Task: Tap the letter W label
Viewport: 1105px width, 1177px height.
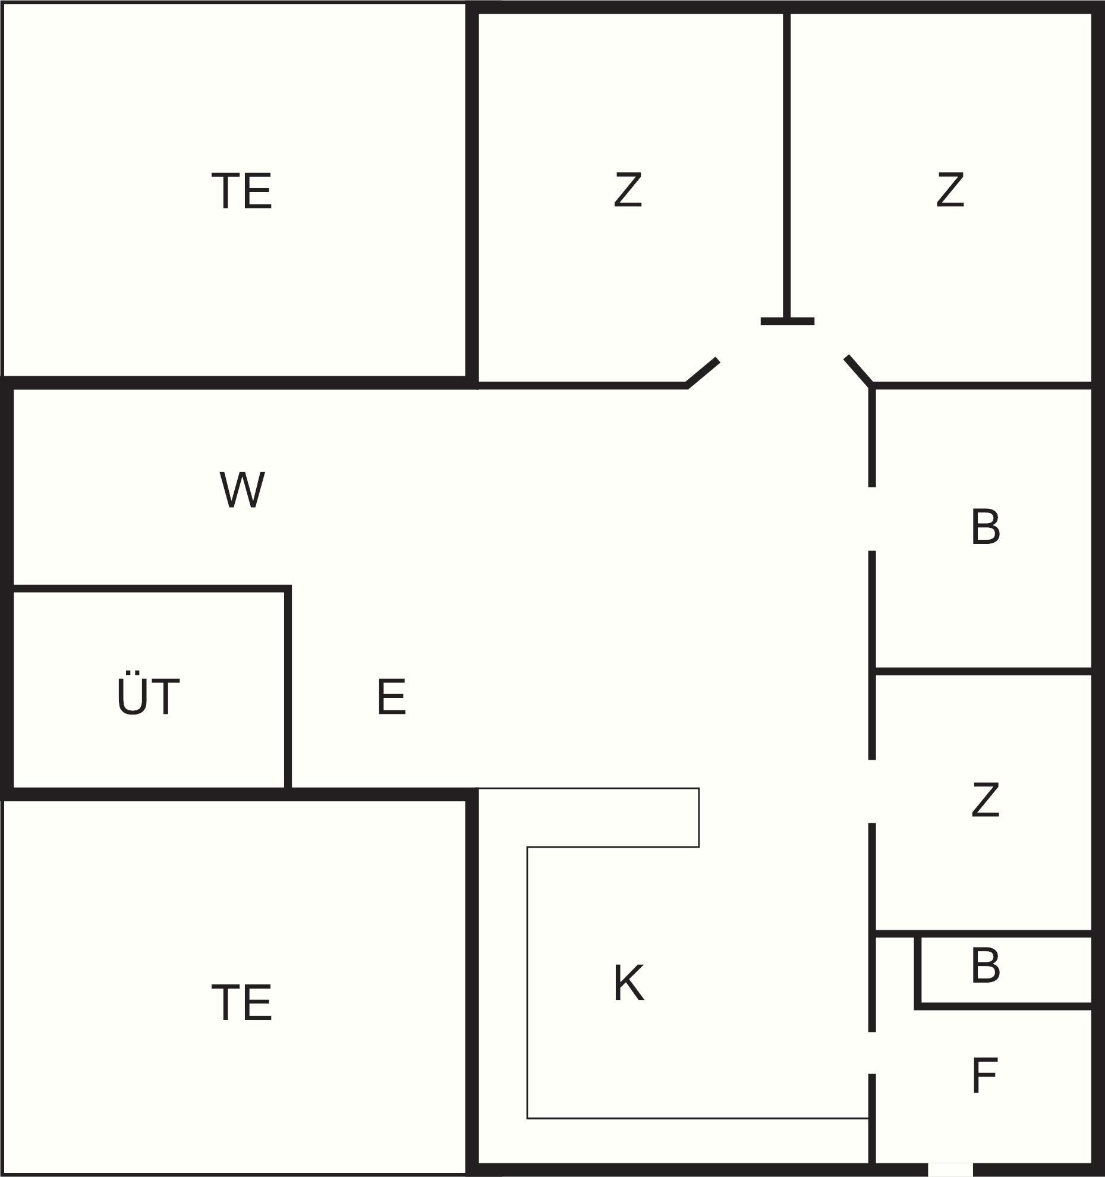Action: [x=242, y=490]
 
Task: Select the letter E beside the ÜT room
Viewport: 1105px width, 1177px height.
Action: [x=392, y=697]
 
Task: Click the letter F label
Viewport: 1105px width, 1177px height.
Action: [x=984, y=1076]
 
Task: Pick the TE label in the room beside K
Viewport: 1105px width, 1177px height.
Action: [x=242, y=1003]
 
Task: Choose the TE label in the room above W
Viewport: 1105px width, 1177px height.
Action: [x=242, y=191]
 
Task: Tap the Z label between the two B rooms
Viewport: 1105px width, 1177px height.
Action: [x=985, y=800]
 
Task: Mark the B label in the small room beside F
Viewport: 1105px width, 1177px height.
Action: [x=985, y=967]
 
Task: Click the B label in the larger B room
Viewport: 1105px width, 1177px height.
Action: [x=985, y=527]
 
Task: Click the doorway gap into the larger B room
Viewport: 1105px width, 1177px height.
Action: [x=872, y=518]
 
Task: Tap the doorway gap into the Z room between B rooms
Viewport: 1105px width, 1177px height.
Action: [x=872, y=791]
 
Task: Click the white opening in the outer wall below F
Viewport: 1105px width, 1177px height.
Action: [x=950, y=1169]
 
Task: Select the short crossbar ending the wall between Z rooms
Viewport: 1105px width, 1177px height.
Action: [x=787, y=322]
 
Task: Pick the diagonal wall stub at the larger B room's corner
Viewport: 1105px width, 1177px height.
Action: [x=859, y=370]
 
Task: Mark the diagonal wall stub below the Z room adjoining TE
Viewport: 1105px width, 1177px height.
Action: [x=703, y=372]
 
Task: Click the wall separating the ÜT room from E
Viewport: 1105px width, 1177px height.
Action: [x=288, y=690]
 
